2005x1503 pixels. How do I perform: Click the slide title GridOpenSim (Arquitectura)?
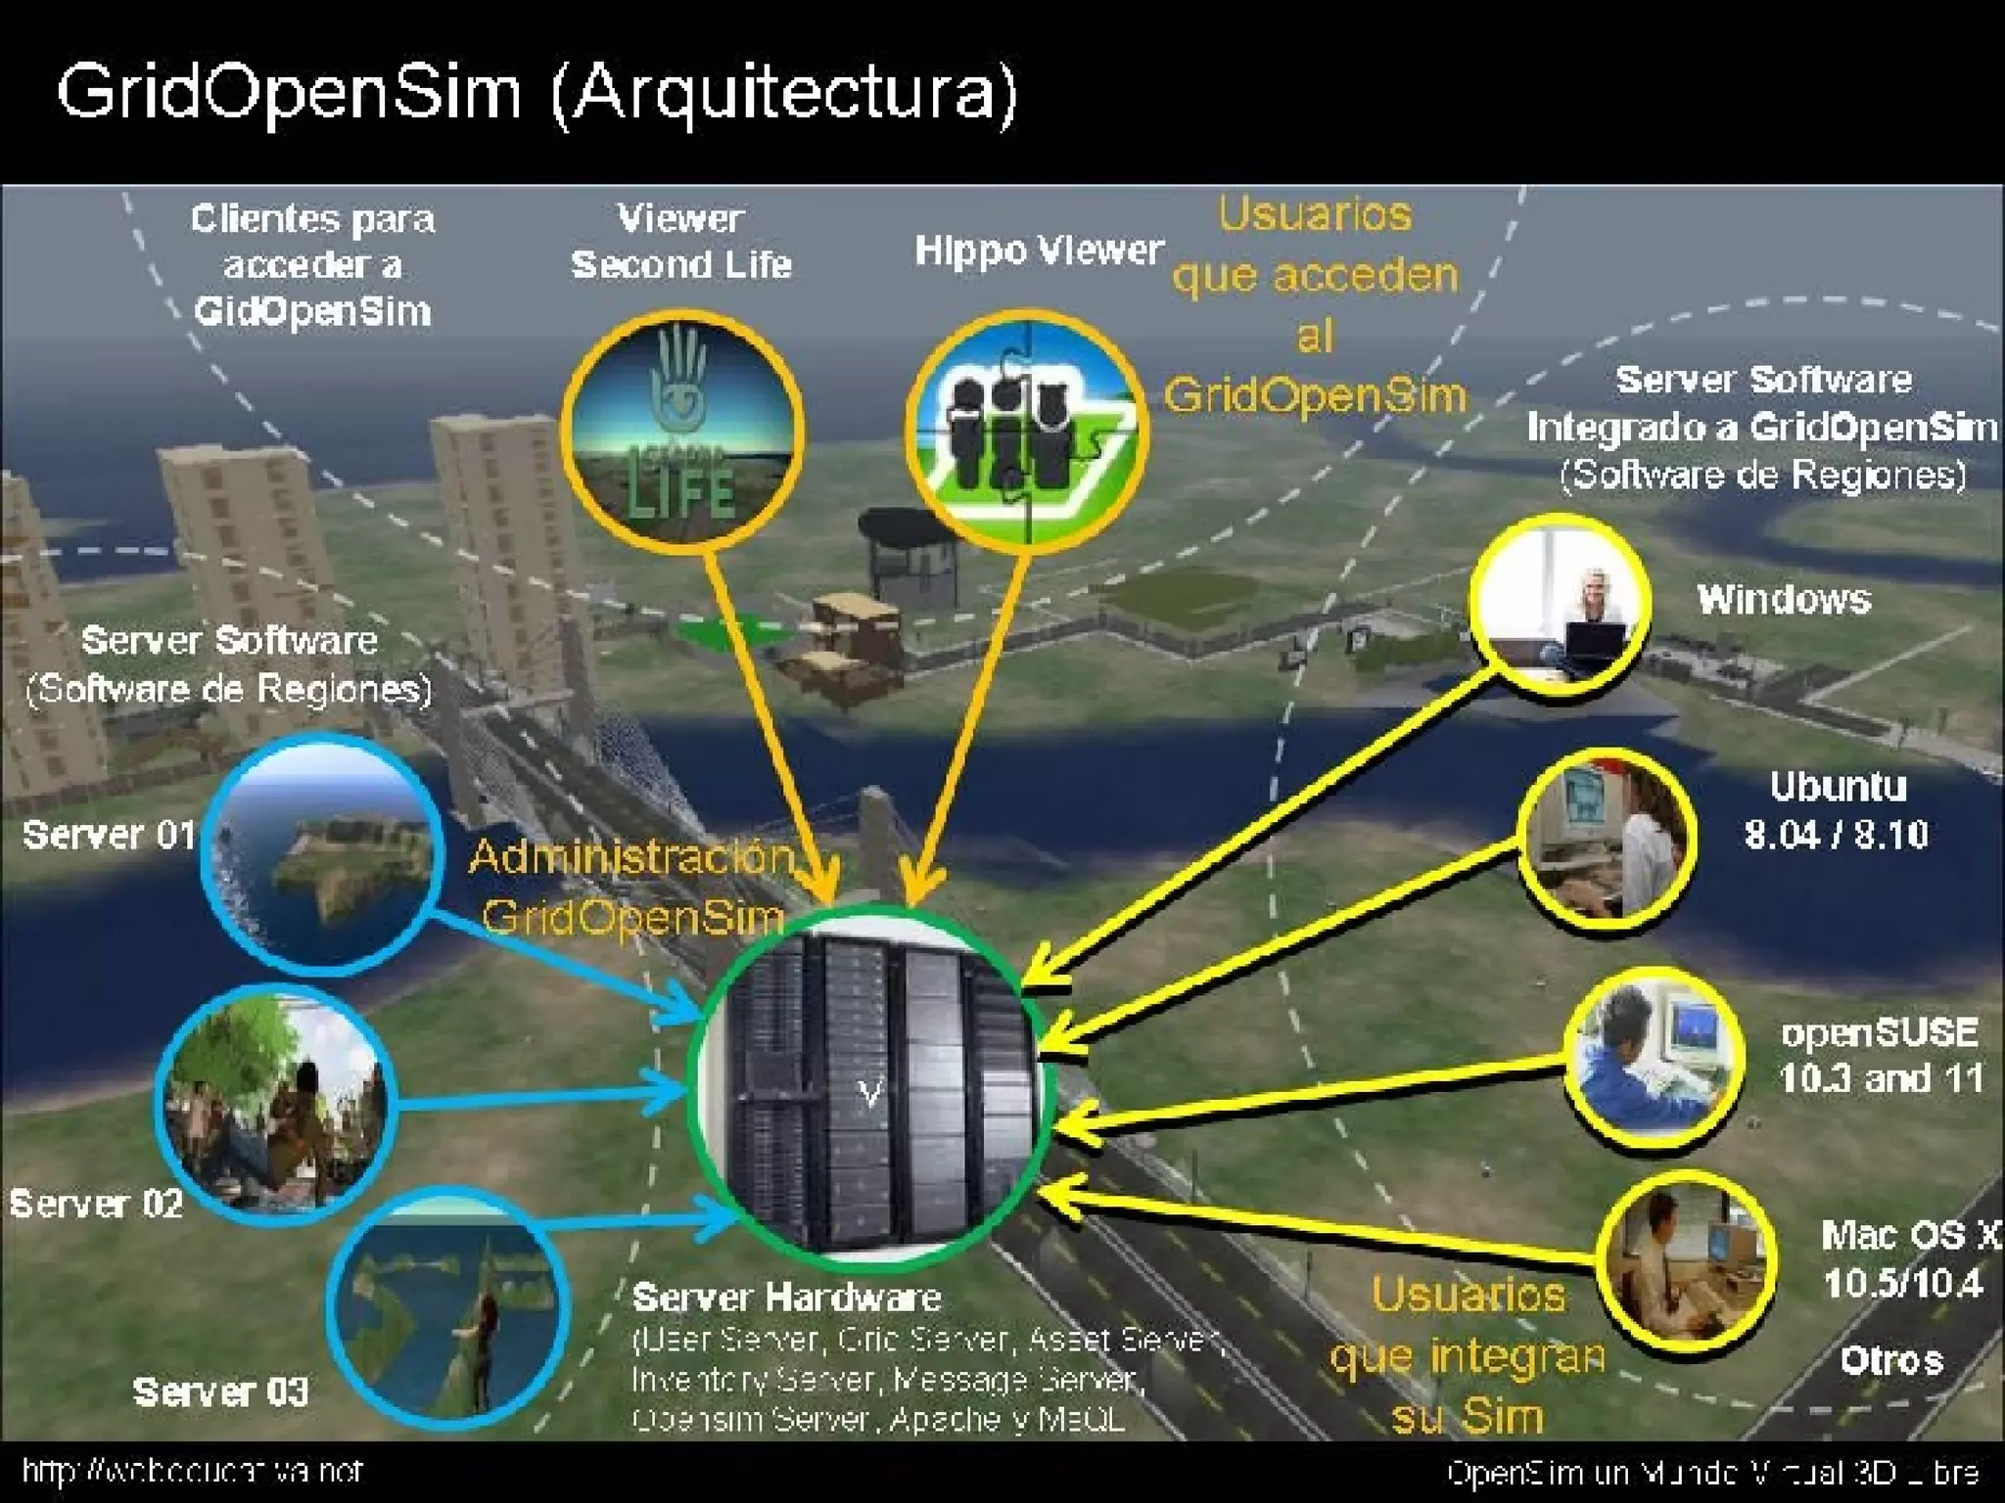point(536,93)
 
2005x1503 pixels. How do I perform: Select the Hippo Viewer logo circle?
point(1025,428)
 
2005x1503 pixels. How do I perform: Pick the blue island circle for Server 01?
point(320,854)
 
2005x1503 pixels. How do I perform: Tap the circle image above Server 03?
point(448,1306)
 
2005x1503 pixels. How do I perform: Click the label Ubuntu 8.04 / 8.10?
point(1837,811)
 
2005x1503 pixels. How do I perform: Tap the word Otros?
point(1890,1361)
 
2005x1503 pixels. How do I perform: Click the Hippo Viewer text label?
point(1039,251)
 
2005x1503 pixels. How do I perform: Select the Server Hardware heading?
point(786,1298)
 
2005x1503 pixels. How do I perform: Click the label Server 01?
point(108,835)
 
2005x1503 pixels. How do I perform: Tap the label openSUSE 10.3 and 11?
point(1880,1056)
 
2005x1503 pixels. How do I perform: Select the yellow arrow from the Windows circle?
point(1263,822)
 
